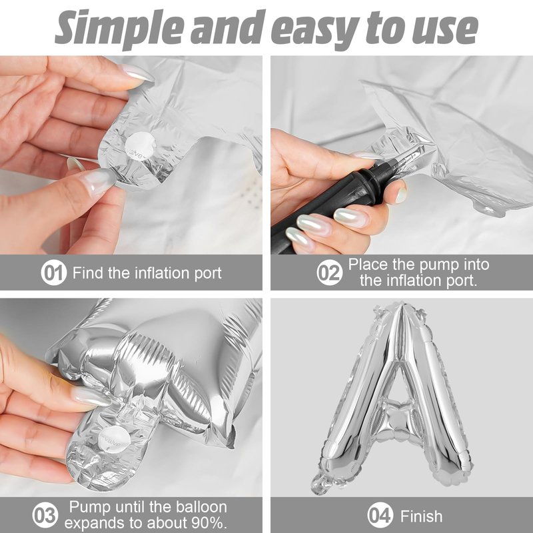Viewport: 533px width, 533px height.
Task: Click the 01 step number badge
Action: pos(54,272)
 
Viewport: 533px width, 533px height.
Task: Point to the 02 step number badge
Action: pos(329,272)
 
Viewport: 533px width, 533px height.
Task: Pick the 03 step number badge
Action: pos(45,515)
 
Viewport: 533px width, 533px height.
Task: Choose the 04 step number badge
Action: pos(380,515)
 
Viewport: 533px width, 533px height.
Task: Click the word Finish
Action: pos(421,516)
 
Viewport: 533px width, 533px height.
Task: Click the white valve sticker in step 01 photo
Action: pos(140,147)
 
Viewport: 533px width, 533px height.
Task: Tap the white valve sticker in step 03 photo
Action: pos(115,440)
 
